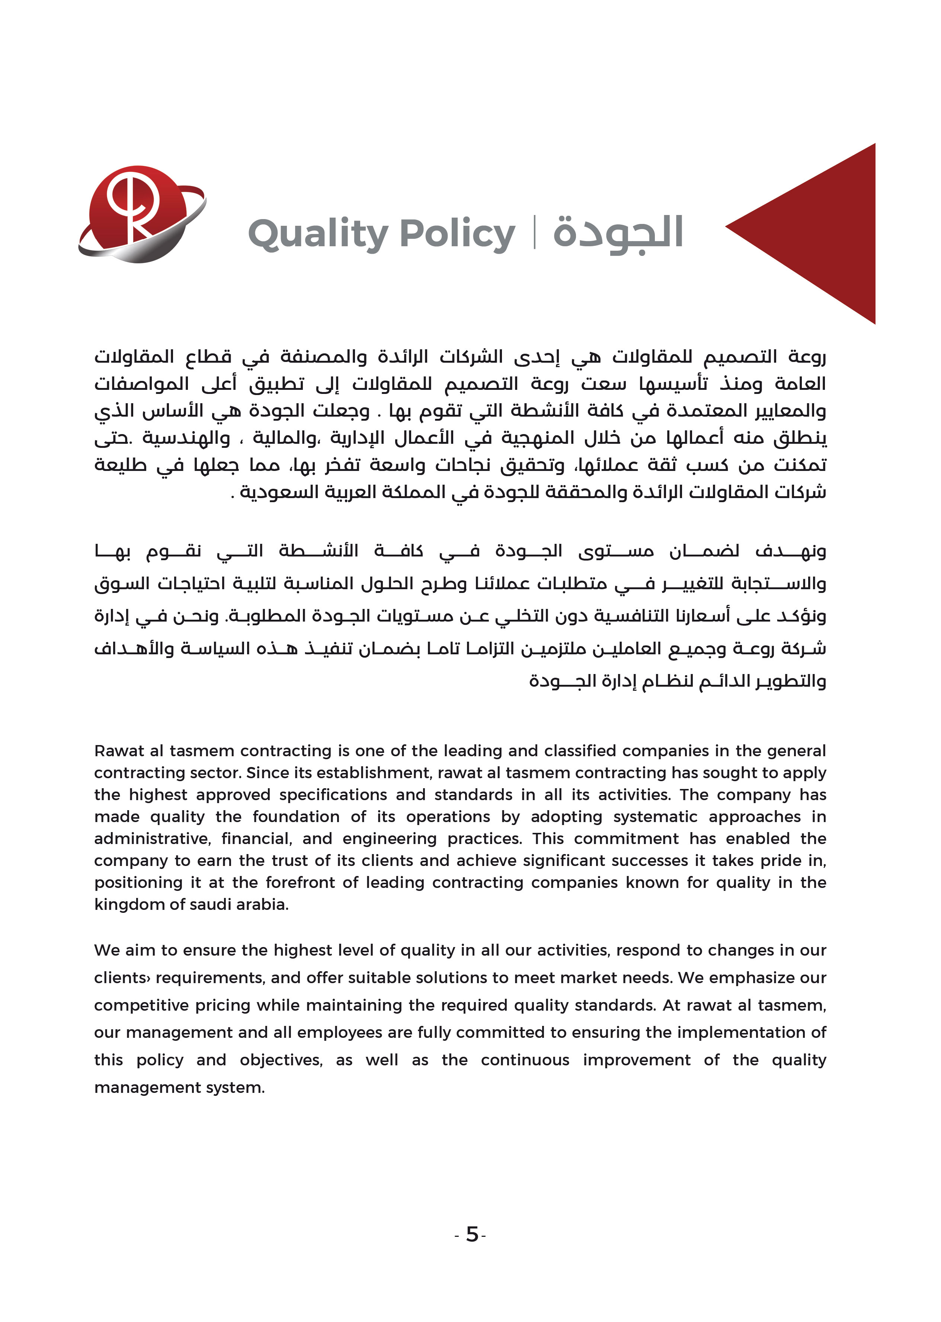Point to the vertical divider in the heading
[534, 232]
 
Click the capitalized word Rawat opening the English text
[119, 751]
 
